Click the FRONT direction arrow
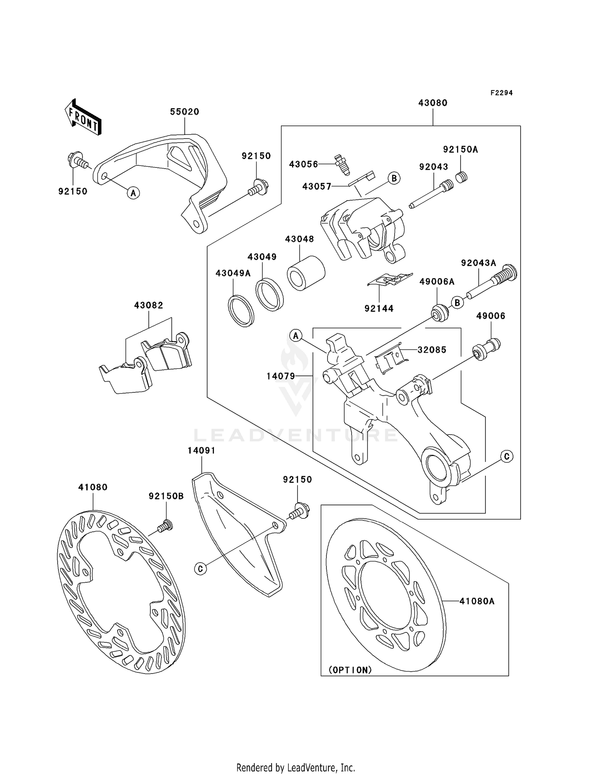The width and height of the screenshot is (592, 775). click(x=83, y=118)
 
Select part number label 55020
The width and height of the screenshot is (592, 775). click(x=184, y=112)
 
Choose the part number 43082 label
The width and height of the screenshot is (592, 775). click(x=148, y=305)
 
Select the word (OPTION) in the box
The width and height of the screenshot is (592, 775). click(x=350, y=670)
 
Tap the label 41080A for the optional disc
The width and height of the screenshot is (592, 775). click(x=477, y=601)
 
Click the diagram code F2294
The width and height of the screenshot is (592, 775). click(x=501, y=93)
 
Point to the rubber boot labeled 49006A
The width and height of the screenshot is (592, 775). click(x=439, y=313)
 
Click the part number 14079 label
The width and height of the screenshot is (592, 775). click(x=281, y=376)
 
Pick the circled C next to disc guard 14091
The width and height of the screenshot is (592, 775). click(x=200, y=569)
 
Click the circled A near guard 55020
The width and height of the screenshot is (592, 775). click(x=133, y=193)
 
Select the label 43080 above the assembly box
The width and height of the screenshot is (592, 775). click(x=433, y=103)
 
